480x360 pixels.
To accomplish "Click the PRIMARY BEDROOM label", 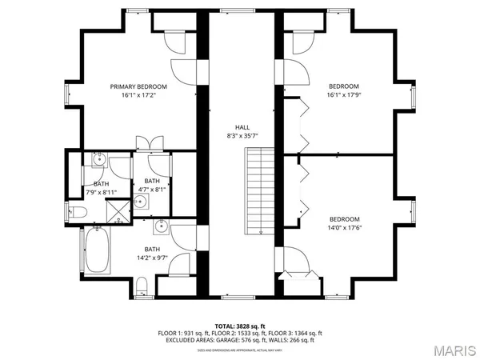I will [138, 86].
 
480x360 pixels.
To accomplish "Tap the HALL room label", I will [241, 127].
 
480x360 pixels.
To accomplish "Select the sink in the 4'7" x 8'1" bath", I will [140, 201].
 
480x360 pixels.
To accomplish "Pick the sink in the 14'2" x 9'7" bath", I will [160, 228].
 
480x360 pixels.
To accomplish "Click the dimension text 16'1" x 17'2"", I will [138, 94].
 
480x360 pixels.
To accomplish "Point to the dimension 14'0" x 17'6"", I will [344, 228].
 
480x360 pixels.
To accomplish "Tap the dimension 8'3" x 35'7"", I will [241, 136].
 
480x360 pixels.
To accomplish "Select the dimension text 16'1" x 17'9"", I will [344, 95].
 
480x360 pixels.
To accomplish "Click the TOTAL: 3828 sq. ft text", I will [240, 326].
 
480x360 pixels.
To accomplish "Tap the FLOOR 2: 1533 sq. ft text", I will [240, 334].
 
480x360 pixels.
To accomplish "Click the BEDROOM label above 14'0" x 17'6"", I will [344, 219].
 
